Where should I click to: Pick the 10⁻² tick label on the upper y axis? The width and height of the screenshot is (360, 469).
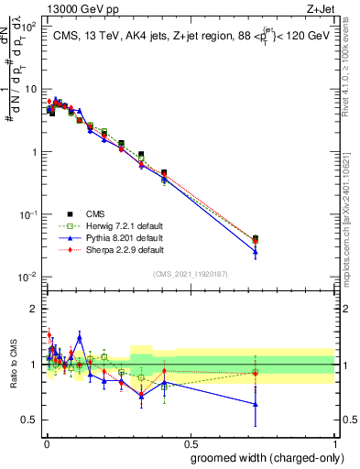(27, 277)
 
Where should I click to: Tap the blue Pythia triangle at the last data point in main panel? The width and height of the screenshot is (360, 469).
(256, 252)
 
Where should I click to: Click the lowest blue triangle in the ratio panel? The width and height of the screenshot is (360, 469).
(256, 404)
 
